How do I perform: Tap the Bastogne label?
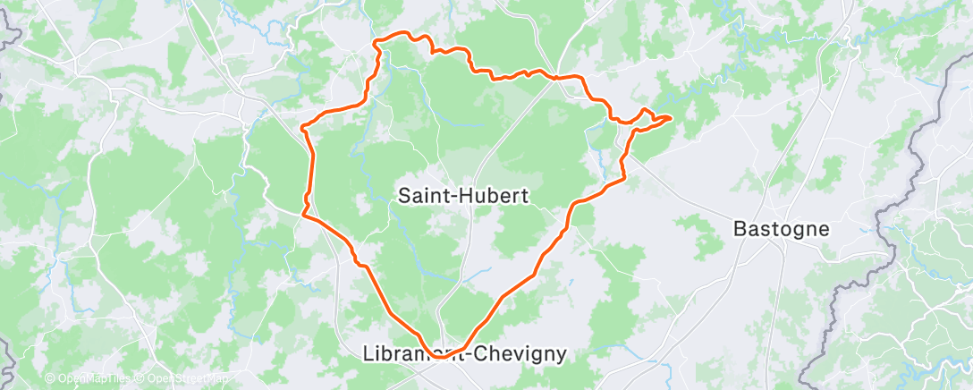pyautogui.click(x=781, y=228)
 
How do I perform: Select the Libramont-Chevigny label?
pyautogui.click(x=465, y=353)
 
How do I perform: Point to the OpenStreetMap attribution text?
pyautogui.click(x=191, y=378)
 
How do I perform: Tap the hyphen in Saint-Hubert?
pyautogui.click(x=453, y=196)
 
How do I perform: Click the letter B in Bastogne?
pyautogui.click(x=739, y=228)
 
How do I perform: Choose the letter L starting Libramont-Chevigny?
pyautogui.click(x=369, y=353)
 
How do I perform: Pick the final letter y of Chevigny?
pyautogui.click(x=561, y=355)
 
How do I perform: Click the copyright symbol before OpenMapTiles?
pyautogui.click(x=50, y=378)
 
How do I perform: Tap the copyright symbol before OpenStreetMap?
pyautogui.click(x=142, y=378)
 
